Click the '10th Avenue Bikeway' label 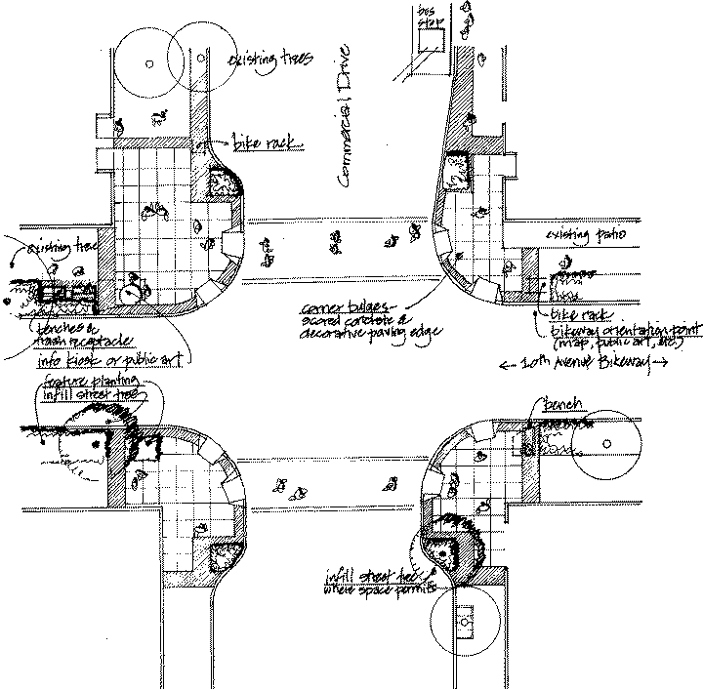click(583, 365)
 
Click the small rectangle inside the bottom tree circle click(464, 616)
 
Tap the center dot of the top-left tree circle click(149, 63)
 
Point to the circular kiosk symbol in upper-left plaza click(130, 289)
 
